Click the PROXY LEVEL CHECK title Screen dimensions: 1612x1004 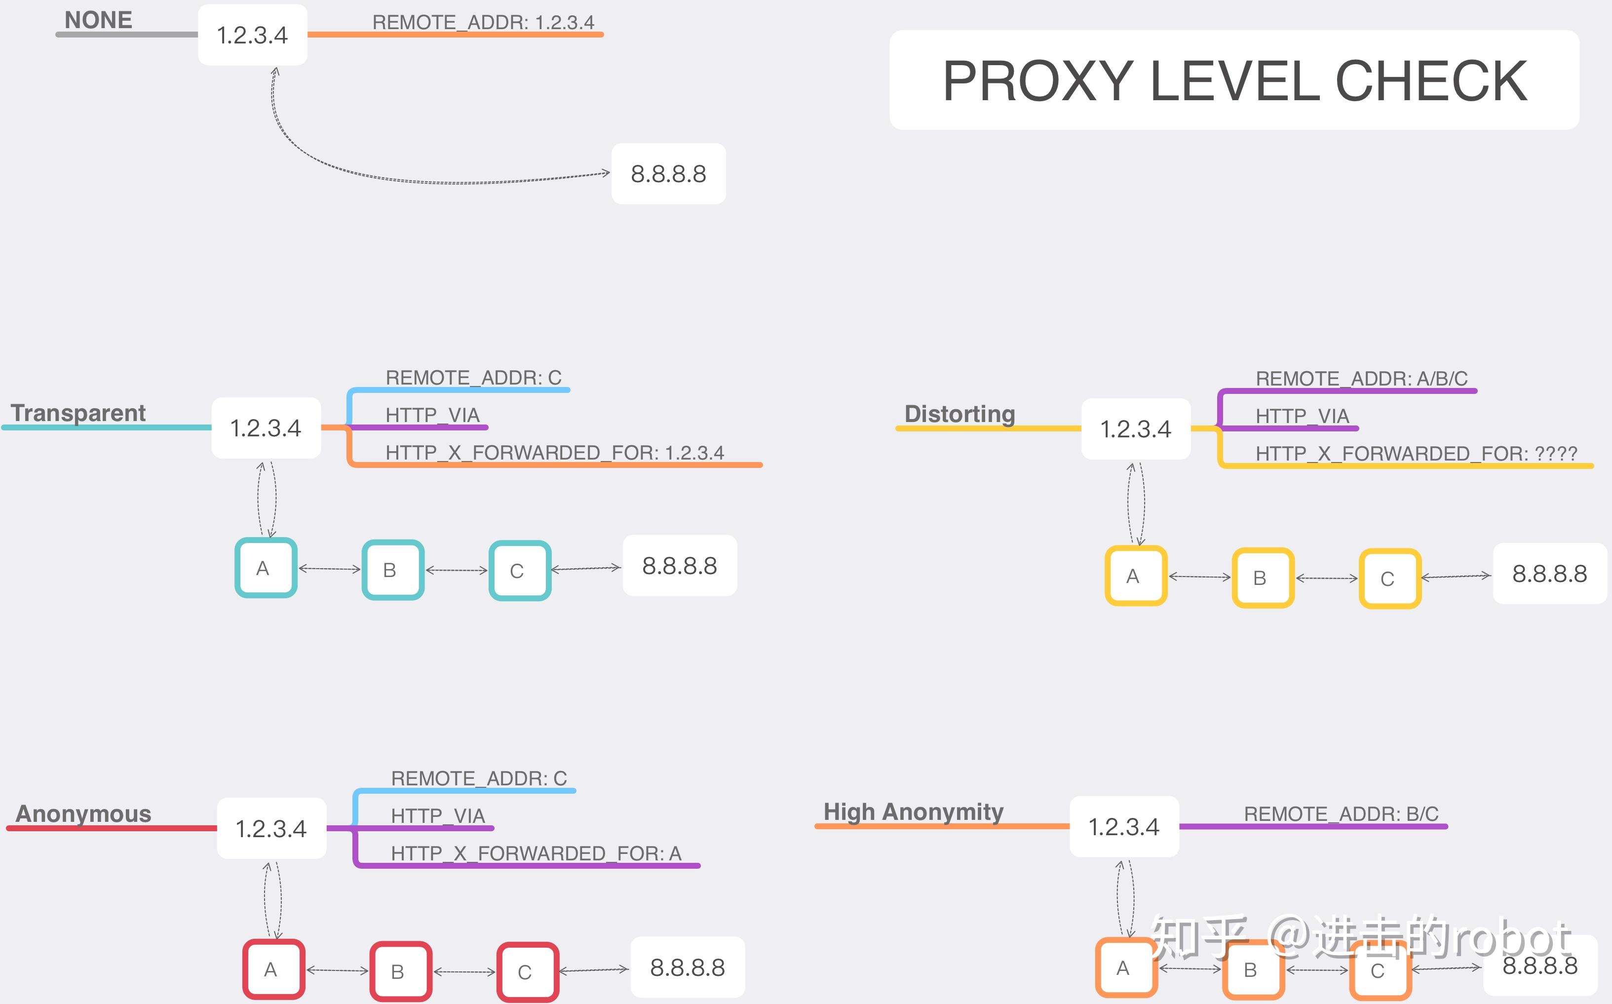point(1234,80)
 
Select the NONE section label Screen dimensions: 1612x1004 point(98,20)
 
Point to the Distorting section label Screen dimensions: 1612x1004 point(960,414)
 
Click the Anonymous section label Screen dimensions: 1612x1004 point(83,813)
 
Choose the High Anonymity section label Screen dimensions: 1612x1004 point(913,812)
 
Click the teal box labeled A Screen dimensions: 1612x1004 point(266,568)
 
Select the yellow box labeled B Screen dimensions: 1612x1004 point(1263,578)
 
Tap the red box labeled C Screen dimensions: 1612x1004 point(528,972)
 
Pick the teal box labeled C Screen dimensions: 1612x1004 point(520,571)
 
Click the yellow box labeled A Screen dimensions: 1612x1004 point(1136,576)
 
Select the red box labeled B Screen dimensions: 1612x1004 point(400,971)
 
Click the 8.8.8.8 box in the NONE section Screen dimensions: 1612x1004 point(669,173)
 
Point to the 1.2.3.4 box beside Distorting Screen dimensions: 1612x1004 point(1136,429)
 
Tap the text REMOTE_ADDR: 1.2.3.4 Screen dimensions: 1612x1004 point(483,22)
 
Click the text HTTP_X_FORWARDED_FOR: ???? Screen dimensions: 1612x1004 point(1416,454)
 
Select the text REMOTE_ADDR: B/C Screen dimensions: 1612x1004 point(1341,814)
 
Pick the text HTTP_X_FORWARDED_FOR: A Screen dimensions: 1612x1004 point(536,853)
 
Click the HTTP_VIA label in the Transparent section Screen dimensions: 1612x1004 point(432,415)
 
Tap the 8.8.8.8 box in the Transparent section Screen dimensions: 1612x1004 point(680,566)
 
